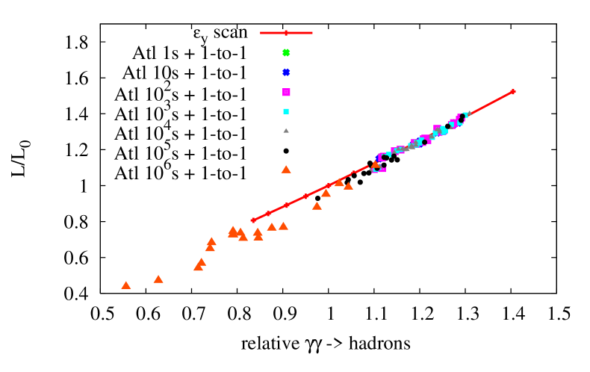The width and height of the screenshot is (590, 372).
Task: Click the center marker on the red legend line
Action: pos(286,33)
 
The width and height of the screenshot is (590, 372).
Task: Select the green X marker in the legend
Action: pos(286,53)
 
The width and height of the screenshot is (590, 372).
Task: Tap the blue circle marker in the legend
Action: pos(286,72)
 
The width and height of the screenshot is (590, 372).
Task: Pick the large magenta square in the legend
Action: pos(286,92)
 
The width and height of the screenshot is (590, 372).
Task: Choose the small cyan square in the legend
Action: pos(286,111)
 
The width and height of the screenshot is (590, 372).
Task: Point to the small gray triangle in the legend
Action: pos(286,131)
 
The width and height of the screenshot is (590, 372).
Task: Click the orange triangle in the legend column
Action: pos(286,170)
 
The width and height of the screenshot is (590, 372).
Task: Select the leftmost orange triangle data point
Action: pos(126,285)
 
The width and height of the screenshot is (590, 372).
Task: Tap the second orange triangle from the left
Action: pos(158,279)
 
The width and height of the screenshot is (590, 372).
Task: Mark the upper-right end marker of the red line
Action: pos(513,92)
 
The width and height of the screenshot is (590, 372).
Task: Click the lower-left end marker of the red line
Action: pos(253,220)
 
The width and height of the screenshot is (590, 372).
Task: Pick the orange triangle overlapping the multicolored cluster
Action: pos(376,165)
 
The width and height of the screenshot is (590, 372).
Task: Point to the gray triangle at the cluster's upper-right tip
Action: pos(469,114)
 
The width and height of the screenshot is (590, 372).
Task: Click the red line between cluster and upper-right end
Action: pos(491,103)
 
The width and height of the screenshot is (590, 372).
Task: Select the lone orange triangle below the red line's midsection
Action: pos(317,206)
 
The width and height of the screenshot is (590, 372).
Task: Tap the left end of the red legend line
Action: pos(261,33)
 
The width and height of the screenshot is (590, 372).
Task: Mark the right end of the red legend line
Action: pos(312,33)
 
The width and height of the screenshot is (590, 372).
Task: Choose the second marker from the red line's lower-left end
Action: pos(268,214)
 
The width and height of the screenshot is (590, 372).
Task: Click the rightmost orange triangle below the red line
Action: pos(348,186)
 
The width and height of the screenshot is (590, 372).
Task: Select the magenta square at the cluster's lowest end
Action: pos(383,170)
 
